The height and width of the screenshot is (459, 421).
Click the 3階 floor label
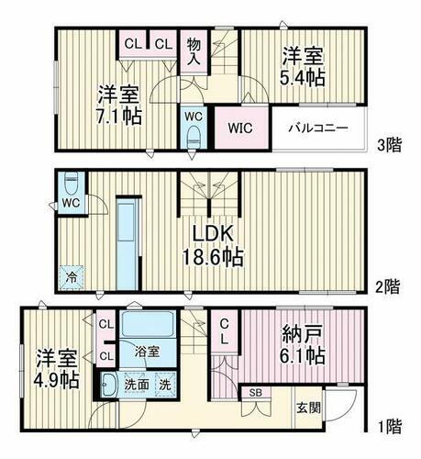(x=388, y=144)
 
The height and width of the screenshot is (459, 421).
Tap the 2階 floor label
(x=388, y=285)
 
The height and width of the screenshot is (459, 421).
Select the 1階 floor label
(x=388, y=425)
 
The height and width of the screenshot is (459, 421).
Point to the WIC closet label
(x=239, y=128)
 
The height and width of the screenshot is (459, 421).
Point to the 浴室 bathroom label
(x=147, y=350)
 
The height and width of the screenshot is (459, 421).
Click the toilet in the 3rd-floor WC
(x=193, y=134)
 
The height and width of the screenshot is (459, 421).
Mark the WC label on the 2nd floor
(x=71, y=203)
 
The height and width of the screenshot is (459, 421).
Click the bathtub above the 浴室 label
(x=147, y=325)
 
